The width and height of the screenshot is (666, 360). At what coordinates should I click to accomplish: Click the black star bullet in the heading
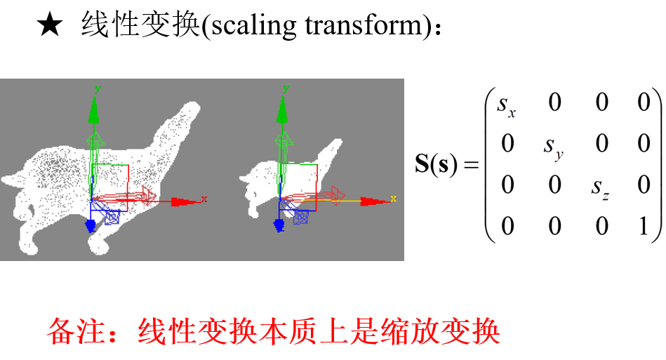point(50,24)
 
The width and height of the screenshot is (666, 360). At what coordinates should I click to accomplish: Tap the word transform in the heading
point(364,25)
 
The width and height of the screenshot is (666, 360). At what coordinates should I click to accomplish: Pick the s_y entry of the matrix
point(554,147)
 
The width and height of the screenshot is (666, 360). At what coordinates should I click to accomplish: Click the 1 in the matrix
point(644,225)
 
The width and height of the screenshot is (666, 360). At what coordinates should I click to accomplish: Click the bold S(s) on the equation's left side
point(437,164)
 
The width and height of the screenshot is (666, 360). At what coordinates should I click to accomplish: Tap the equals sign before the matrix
point(471,165)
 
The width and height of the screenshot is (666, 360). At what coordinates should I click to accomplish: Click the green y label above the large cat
point(98,89)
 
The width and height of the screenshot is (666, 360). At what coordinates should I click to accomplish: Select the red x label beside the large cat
point(204,199)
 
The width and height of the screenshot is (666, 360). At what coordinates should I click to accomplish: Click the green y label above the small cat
point(286,89)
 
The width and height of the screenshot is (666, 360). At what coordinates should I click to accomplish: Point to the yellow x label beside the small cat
point(393,199)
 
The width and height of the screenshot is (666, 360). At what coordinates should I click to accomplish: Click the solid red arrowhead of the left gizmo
point(183,202)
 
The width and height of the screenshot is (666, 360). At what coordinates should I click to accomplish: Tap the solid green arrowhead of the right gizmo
point(282,110)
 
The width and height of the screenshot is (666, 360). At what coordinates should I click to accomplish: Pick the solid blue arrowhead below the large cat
point(91,226)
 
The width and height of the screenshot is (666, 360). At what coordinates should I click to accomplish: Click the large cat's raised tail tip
point(192,108)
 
